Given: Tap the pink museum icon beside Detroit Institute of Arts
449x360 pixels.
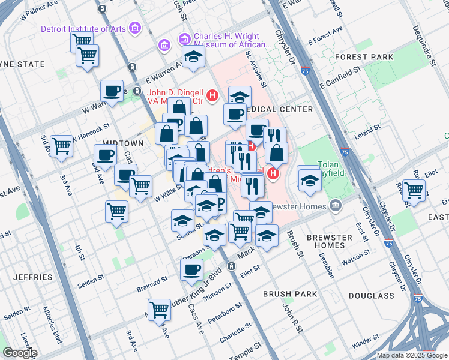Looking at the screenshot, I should [135, 28].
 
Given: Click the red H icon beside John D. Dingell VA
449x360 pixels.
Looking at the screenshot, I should [212, 95].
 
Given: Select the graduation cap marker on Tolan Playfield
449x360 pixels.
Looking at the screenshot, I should [309, 179].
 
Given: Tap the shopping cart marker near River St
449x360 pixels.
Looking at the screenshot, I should [414, 190].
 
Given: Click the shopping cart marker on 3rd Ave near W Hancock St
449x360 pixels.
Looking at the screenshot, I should [61, 145].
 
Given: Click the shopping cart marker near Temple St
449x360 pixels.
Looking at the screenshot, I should [159, 309].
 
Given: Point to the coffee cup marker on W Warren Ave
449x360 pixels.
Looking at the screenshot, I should [112, 91].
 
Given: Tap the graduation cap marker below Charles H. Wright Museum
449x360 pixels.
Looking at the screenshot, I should [194, 57].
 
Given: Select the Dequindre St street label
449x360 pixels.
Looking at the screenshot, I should [422, 37].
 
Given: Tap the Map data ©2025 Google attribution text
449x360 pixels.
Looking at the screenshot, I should [411, 355].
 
